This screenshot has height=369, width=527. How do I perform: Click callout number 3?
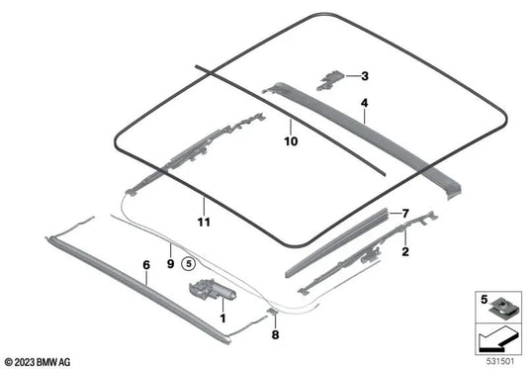[364, 76]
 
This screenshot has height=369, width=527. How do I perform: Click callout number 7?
[402, 213]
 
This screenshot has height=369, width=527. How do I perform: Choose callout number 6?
[145, 265]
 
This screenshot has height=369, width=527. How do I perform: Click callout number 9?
[170, 265]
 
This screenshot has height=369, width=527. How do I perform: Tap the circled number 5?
[191, 265]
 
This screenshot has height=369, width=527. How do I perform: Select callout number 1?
[222, 319]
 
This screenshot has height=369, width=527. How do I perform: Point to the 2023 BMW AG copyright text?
[36, 358]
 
